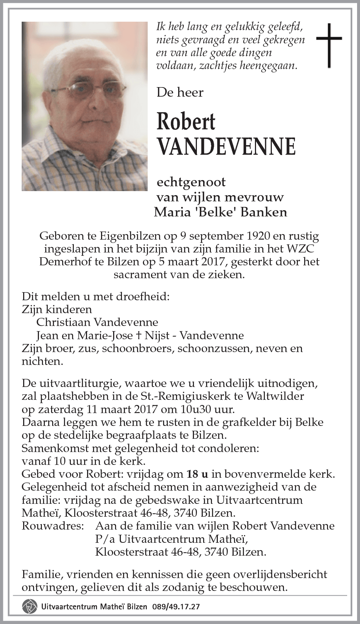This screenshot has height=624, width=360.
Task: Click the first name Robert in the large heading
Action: coord(186,122)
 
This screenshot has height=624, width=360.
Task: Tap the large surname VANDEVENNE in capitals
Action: coord(226,146)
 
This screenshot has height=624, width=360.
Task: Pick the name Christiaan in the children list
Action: coord(63,322)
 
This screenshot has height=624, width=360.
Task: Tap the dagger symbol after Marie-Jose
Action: coord(138,335)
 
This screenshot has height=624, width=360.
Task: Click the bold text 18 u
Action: coord(197,474)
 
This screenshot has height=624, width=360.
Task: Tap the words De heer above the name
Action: coord(180,92)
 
